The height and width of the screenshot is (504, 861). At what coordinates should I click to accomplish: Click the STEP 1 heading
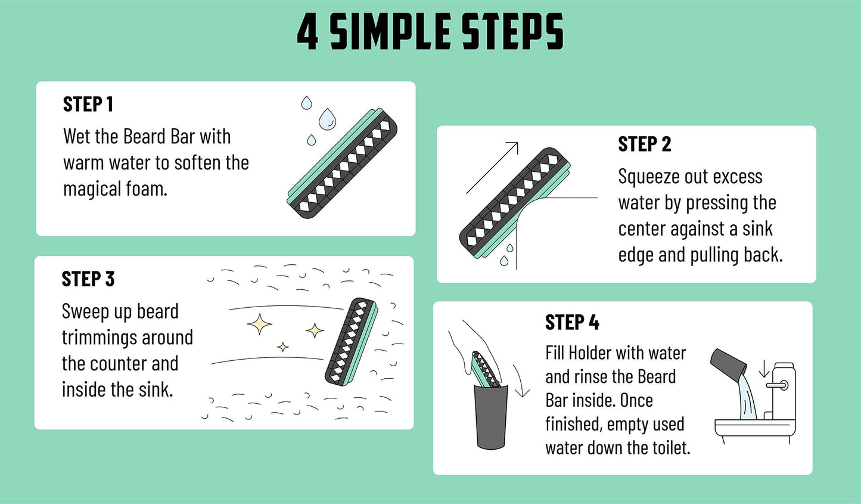click(88, 104)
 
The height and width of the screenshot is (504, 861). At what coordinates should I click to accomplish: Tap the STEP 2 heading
click(644, 144)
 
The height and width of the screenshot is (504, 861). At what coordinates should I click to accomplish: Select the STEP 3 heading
click(88, 279)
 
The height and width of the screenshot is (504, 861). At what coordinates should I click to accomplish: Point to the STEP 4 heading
click(572, 323)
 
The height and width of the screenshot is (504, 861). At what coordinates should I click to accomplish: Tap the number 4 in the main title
click(307, 32)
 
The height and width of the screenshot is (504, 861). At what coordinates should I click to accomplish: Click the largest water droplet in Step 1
click(327, 119)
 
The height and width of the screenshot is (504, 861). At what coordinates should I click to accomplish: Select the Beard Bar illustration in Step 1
click(343, 163)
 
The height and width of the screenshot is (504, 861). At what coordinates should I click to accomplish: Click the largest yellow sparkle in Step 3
click(260, 324)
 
